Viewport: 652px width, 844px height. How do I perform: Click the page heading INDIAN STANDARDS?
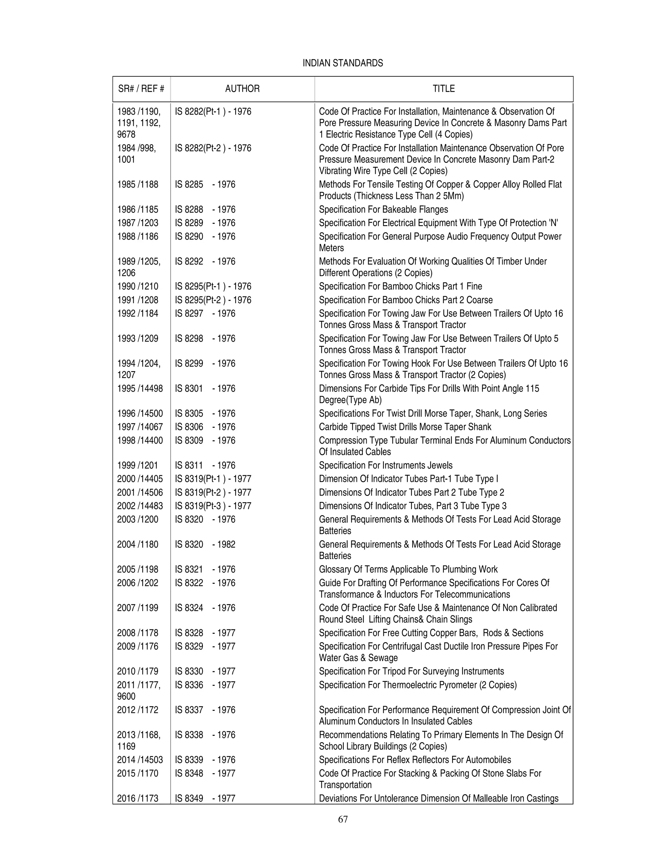pos(343,63)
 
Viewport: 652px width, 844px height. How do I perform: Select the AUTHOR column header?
pos(242,89)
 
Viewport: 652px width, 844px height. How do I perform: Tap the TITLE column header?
pos(443,89)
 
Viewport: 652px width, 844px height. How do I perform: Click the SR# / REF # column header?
pos(141,89)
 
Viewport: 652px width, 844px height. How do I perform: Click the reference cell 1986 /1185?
pos(138,210)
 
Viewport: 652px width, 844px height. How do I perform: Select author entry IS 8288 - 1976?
pos(205,210)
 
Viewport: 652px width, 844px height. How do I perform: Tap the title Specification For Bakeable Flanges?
pos(383,210)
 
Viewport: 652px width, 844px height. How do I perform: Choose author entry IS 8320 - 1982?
pos(205,545)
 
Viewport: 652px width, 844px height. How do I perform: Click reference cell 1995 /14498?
pos(140,388)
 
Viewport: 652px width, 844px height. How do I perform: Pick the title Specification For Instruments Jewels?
pos(386,465)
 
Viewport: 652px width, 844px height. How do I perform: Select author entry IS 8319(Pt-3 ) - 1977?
pos(213,506)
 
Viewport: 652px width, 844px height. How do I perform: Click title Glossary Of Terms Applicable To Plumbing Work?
pos(408,569)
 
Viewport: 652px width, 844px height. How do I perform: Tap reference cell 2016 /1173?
pos(138,798)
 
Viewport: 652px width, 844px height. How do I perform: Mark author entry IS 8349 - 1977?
pos(205,798)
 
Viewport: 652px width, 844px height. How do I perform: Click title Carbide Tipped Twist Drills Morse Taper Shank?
pos(405,427)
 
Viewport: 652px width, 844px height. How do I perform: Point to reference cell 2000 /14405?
pos(140,479)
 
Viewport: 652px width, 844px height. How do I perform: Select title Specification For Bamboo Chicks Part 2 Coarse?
pos(406,300)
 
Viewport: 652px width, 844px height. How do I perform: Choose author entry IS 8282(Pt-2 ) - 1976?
pos(213,148)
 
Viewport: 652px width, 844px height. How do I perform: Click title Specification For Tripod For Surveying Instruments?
pos(411,671)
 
